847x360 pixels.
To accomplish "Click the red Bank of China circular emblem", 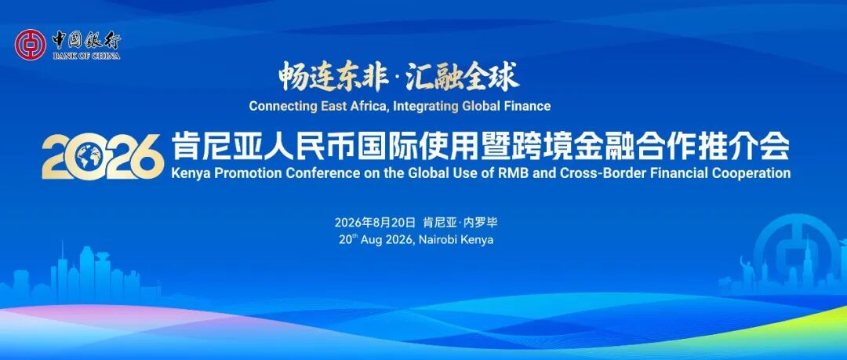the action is click(x=31, y=45).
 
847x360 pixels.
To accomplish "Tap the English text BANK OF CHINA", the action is click(x=86, y=56).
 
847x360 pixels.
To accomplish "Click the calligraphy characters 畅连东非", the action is click(x=333, y=76).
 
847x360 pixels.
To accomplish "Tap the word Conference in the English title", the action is click(x=293, y=173).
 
